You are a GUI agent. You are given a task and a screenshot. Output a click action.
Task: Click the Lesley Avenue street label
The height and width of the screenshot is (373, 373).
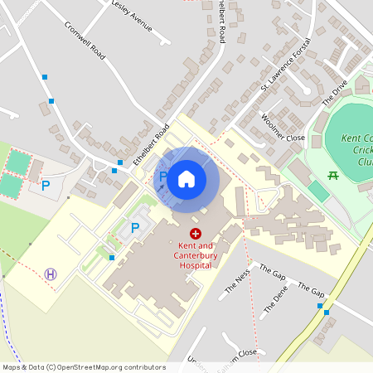click(x=132, y=17)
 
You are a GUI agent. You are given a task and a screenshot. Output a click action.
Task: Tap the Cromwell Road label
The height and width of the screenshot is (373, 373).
click(x=85, y=39)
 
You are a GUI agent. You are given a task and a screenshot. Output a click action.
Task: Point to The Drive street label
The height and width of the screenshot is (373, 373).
click(x=335, y=90)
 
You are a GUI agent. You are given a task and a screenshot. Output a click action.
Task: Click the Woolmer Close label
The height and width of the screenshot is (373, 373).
click(x=283, y=125)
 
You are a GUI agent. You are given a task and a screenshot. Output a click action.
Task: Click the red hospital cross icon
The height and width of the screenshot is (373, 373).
click(x=196, y=235)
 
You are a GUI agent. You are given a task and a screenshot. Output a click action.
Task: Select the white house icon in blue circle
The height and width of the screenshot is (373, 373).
click(x=186, y=178)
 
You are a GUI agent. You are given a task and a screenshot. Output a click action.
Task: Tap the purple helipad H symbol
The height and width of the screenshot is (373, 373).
click(x=51, y=274)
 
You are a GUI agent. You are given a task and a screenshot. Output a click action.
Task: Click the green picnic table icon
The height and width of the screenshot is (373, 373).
click(x=333, y=175)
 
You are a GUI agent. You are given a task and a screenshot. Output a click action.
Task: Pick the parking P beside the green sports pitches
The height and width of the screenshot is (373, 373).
click(x=46, y=185)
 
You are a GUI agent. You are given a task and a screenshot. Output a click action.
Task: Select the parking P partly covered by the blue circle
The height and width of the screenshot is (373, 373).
click(x=163, y=177)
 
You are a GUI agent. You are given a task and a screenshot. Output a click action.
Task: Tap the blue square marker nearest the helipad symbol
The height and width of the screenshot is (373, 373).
click(x=111, y=258)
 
